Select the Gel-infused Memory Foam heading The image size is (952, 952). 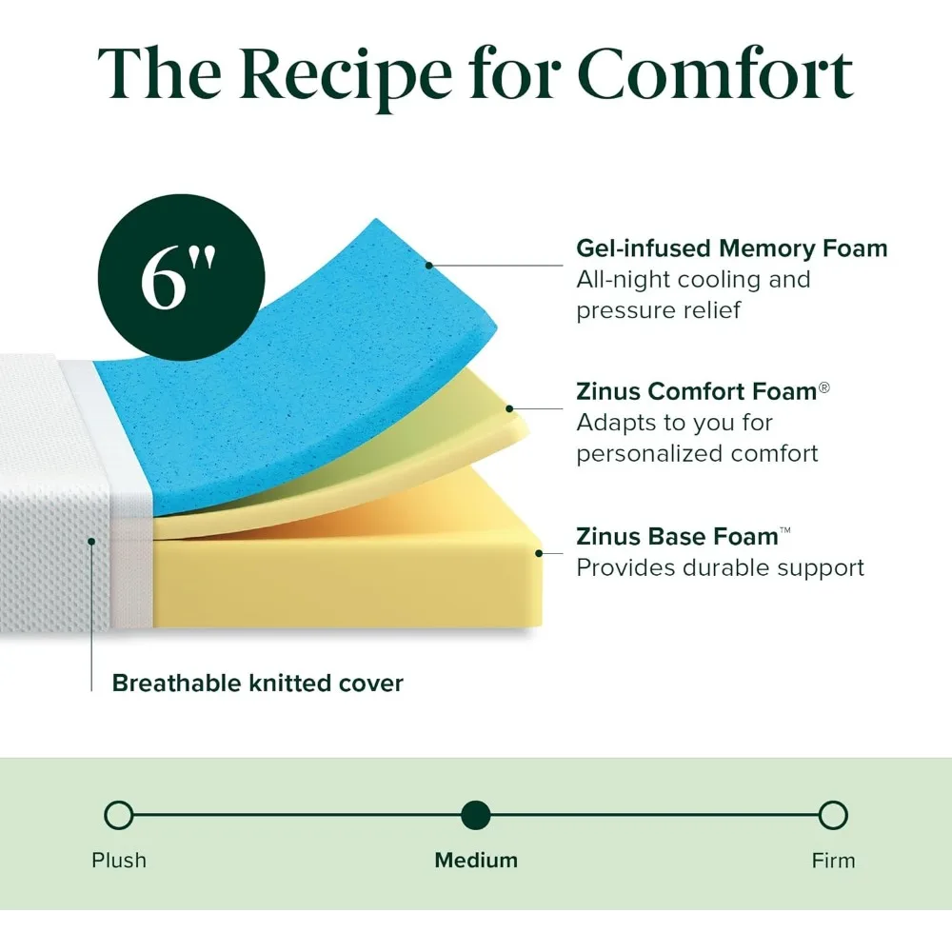click(x=731, y=249)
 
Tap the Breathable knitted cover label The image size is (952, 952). click(x=257, y=683)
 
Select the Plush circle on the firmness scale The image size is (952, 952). click(x=118, y=815)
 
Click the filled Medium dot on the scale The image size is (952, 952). click(x=475, y=815)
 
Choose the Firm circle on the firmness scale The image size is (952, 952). click(x=833, y=815)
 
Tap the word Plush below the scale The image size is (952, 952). click(x=119, y=861)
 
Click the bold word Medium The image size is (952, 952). click(x=476, y=861)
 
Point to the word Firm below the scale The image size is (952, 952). click(x=833, y=861)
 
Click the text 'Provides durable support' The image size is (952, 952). click(x=720, y=568)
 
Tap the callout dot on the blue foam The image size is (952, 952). click(x=430, y=238)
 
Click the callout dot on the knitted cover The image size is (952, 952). click(x=92, y=541)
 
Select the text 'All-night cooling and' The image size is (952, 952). click(x=693, y=280)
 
